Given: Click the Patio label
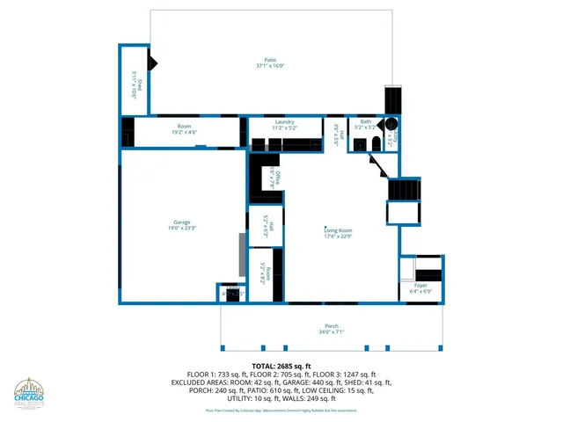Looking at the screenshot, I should pos(270,60).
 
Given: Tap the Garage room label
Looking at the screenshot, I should pos(182,222).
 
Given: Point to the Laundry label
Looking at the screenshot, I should pos(283,121).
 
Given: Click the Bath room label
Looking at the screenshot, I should pos(365,121).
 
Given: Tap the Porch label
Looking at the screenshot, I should pos(331,326).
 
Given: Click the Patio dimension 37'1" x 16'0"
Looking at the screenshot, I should pos(270,66).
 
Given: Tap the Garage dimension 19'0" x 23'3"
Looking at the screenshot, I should pos(182,228).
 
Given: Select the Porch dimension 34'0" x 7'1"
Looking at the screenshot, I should pos(331,332).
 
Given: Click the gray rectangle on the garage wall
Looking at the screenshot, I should pos(240,255).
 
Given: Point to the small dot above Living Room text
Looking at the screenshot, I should pos(325,225).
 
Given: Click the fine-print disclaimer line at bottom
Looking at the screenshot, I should pos(281,410).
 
